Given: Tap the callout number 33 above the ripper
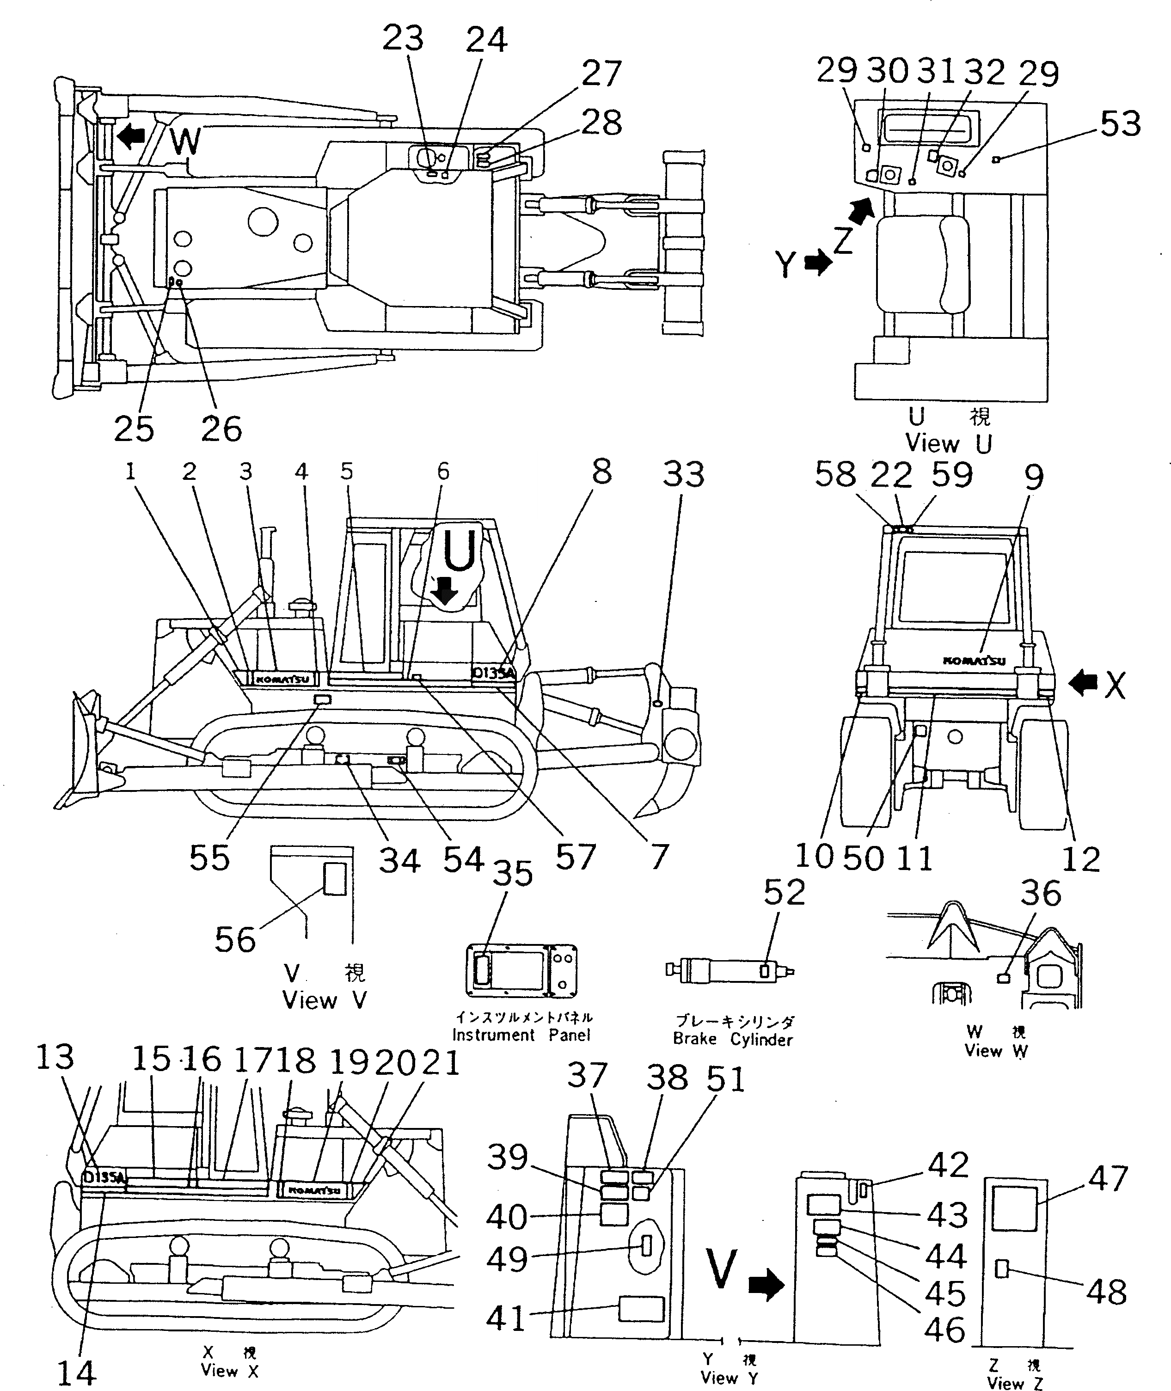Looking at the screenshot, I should [684, 475].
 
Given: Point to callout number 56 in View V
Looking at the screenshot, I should [235, 940].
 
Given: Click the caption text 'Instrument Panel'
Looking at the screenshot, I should [522, 1035].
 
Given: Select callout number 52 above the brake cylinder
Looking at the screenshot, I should [785, 893].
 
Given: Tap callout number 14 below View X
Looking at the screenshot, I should [77, 1373].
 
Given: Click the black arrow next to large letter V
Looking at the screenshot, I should [766, 1286].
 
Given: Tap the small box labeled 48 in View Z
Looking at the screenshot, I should [1002, 1269].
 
